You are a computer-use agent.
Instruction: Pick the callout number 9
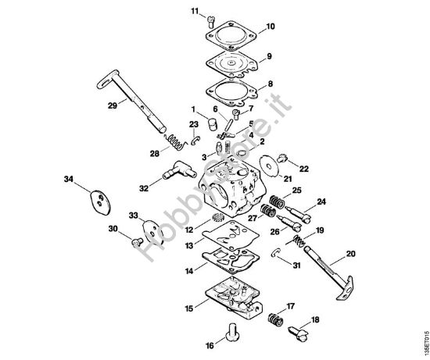[268, 56]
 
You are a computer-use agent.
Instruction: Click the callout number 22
[304, 169]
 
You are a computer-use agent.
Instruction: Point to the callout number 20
[349, 253]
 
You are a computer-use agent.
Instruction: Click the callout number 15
[189, 308]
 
